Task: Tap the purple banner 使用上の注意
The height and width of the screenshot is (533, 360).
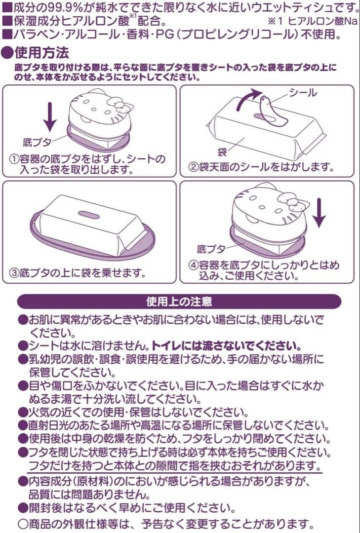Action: [x=179, y=302]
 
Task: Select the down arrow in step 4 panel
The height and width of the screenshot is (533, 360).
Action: [x=318, y=213]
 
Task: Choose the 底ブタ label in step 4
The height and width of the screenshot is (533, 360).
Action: [x=211, y=248]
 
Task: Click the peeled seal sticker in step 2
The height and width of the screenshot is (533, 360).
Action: [x=271, y=112]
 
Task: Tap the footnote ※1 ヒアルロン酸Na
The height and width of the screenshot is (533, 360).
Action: [x=313, y=22]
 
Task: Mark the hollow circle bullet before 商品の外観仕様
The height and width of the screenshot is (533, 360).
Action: [x=23, y=523]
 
